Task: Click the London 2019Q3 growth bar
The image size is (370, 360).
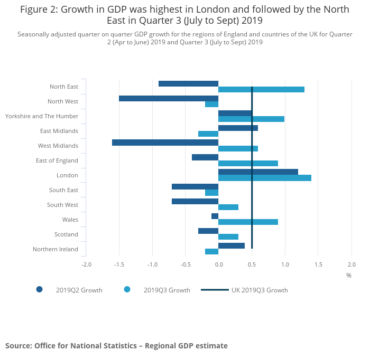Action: pyautogui.click(x=265, y=178)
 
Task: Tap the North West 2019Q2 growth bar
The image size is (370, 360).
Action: pyautogui.click(x=169, y=98)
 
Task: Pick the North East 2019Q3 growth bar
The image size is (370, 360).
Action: pyautogui.click(x=261, y=89)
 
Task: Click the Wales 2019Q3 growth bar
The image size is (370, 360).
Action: pyautogui.click(x=248, y=222)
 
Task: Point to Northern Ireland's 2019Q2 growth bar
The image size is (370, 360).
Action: pyautogui.click(x=232, y=245)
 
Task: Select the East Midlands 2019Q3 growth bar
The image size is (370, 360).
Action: pyautogui.click(x=208, y=134)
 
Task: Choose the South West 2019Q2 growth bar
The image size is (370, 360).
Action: pyautogui.click(x=195, y=201)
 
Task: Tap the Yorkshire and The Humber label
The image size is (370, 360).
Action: pyautogui.click(x=42, y=116)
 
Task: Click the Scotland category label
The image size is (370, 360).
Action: pyautogui.click(x=66, y=234)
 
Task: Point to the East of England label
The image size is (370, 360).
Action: pyautogui.click(x=57, y=160)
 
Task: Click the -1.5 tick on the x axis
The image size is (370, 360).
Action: pyautogui.click(x=119, y=264)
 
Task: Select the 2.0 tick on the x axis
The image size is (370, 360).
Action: pyautogui.click(x=351, y=264)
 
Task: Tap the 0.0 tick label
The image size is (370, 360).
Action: pyautogui.click(x=218, y=264)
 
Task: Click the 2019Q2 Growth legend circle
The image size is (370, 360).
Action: pyautogui.click(x=39, y=289)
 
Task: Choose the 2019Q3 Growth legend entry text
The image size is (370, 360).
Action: pyautogui.click(x=166, y=290)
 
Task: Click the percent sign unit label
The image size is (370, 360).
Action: pyautogui.click(x=349, y=275)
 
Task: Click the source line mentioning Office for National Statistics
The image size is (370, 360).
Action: pyautogui.click(x=116, y=346)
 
